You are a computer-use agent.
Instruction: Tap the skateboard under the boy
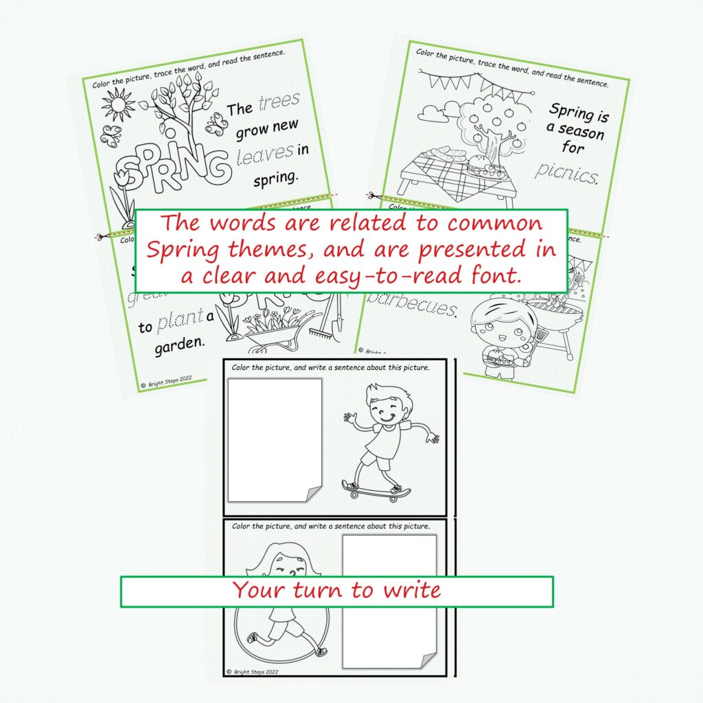click(376, 489)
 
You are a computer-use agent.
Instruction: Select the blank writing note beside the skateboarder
click(275, 439)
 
